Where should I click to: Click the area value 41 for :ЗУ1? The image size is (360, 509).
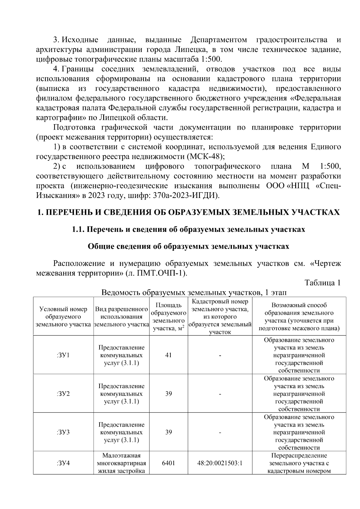point(168,355)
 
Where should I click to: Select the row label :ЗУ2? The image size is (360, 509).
point(63,394)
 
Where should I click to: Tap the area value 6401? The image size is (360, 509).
point(168,463)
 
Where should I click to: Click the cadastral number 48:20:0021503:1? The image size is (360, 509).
point(220,463)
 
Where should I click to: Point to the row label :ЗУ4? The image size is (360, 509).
point(63,463)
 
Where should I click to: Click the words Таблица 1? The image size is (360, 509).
point(322,283)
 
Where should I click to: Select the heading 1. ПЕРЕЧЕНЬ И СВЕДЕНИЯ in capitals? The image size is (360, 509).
point(188,212)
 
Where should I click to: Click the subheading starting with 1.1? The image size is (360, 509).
point(188,229)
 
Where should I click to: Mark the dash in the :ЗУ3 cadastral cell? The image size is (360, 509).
point(220,433)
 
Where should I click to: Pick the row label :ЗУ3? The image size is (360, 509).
point(63,433)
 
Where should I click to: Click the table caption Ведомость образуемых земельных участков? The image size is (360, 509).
point(194,292)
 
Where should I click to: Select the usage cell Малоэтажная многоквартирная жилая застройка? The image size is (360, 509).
point(121,463)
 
